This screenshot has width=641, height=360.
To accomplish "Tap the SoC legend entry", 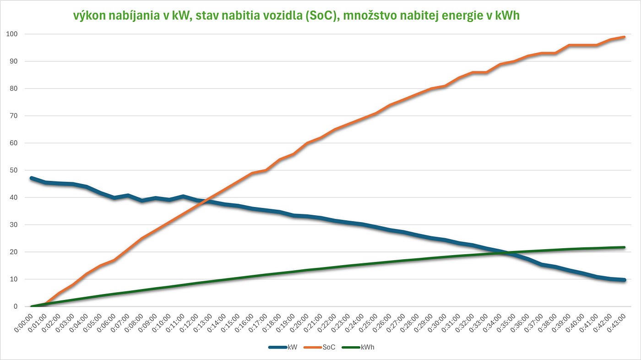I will pos(329,348).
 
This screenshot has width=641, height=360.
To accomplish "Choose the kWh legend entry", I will pos(368,348).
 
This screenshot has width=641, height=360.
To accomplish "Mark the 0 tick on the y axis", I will pos(15,306).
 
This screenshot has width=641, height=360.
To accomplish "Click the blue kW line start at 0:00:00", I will pos(31,178).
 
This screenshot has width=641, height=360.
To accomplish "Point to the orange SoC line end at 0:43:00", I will pos(624,37).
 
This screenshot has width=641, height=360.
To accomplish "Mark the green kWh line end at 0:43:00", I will pos(624,247).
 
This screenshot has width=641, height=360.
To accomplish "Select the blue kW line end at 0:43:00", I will pos(624,280).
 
